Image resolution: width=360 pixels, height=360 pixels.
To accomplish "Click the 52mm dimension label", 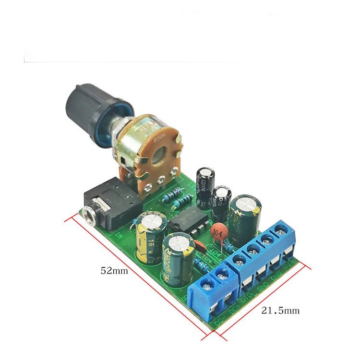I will pyautogui.click(x=114, y=270).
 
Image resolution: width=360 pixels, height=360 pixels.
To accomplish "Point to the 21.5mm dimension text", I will pyautogui.click(x=280, y=311).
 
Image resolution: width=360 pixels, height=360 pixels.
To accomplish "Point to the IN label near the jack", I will pyautogui.click(x=118, y=235).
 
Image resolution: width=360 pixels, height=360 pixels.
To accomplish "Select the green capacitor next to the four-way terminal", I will pyautogui.click(x=245, y=216).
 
